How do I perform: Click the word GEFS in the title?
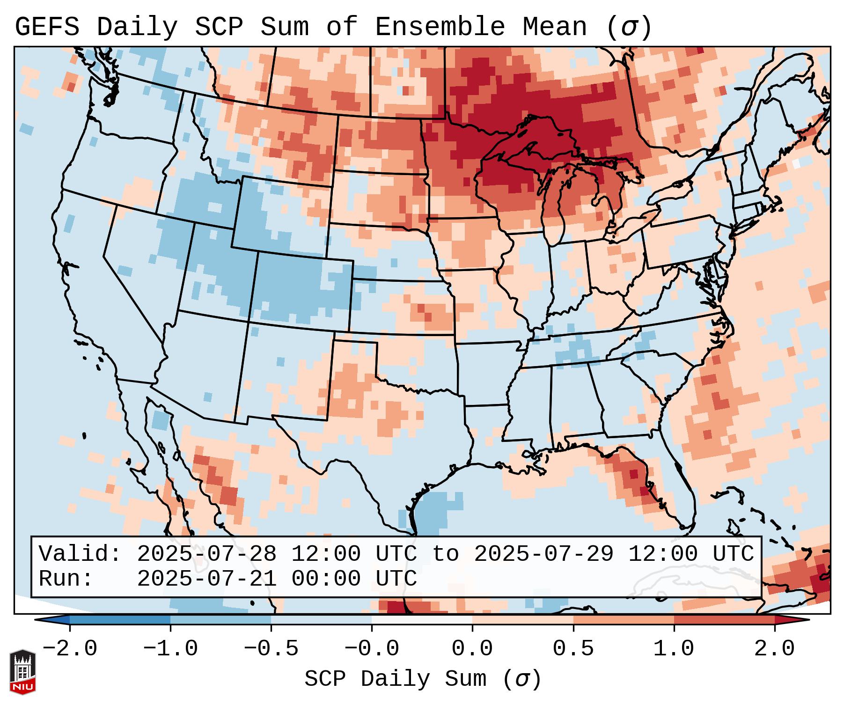click(x=47, y=27)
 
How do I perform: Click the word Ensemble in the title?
click(x=440, y=27)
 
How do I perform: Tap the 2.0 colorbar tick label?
click(x=775, y=649)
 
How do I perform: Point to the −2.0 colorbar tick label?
click(x=70, y=649)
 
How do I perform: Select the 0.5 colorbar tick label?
click(x=573, y=649)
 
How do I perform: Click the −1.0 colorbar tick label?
click(x=170, y=649)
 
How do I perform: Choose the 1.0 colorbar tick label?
click(x=674, y=649)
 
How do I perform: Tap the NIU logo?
click(x=22, y=671)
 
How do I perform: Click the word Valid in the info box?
click(x=75, y=554)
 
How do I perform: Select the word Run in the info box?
click(x=61, y=579)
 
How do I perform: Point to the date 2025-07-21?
click(x=206, y=579)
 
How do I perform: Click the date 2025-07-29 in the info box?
click(x=543, y=554)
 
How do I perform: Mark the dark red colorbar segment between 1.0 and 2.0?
click(x=724, y=620)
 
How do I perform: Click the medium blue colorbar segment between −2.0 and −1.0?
click(x=120, y=620)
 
